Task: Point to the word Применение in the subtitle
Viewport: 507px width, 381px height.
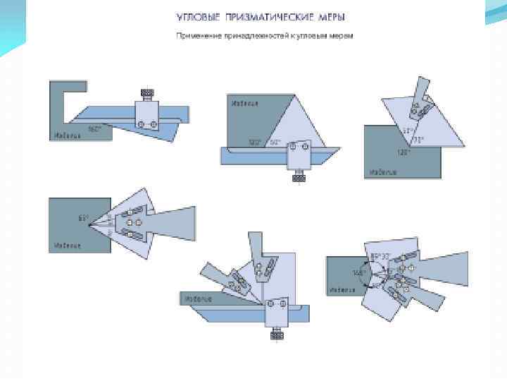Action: pos(195,35)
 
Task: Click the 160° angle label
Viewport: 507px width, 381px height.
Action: pos(94,129)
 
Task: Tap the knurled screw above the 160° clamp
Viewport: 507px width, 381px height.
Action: pos(148,93)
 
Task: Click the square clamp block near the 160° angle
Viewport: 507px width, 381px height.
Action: pos(146,116)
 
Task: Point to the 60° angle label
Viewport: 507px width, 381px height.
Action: pos(275,142)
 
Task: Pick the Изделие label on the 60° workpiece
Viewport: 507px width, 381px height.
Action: pos(244,103)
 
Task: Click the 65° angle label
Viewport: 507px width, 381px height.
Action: pos(83,219)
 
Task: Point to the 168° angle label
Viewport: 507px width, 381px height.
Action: pos(358,272)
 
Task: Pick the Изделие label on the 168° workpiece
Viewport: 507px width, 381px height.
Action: pos(342,289)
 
